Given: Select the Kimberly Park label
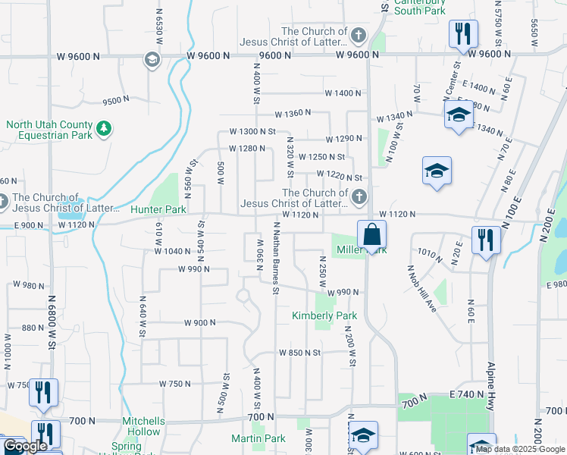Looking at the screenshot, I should coord(324,315).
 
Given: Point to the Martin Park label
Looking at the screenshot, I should coord(258,438).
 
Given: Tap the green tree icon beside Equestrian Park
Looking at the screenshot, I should coord(104,130).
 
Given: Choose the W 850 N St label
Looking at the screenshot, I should coord(299,353).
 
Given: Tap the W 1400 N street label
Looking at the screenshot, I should coord(343,93).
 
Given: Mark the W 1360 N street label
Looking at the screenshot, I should coord(293,113).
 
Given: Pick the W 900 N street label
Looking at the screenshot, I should coord(199,322).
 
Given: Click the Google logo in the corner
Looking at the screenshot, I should coord(25,446).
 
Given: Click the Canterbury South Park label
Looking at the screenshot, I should coord(419,7).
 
